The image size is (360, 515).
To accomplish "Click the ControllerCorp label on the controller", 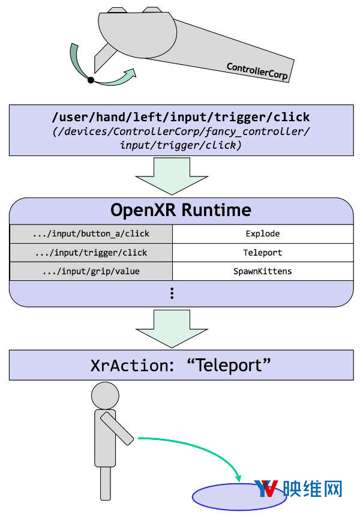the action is pos(257,71).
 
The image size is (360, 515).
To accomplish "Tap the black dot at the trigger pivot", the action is pos(91,80).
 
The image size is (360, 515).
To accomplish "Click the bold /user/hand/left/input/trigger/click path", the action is pos(181,117).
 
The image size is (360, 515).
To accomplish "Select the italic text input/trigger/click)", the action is pos(181,145).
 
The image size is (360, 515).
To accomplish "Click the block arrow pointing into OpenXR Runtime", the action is pos(172,176).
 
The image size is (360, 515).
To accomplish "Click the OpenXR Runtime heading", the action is pos(181,210).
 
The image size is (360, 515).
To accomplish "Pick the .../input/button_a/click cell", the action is pos(91,234).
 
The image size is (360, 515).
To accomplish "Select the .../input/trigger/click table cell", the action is pos(91,253).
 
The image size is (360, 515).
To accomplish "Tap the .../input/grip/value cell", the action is pos(91,271).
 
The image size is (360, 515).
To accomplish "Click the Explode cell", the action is pos(263,234).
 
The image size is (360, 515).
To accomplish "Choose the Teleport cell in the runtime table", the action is pos(263,253).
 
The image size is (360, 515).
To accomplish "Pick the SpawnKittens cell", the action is pos(263,271).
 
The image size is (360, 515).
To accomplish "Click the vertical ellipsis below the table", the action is pos(172,293).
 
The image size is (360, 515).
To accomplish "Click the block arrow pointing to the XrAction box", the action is pos(172,329).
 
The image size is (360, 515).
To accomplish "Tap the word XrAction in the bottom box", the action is pos(132,365).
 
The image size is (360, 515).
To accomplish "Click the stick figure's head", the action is pos(105,396).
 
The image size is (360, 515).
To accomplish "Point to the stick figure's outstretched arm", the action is pos(117,429).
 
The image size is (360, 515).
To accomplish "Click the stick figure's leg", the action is pos(106,483).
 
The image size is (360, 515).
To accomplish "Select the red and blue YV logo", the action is pos(266,489).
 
